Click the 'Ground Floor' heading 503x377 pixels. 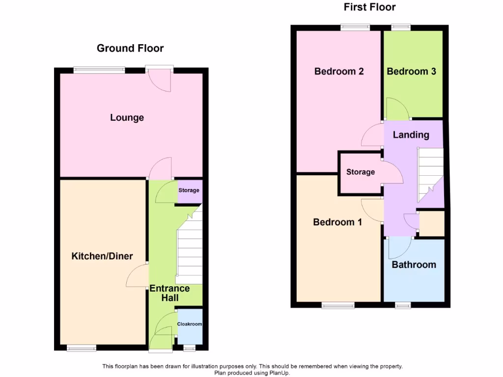(130, 48)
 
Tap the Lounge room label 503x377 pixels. (127, 118)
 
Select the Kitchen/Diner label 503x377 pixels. (102, 256)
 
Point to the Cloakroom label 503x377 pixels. (190, 324)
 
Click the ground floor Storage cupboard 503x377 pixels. (189, 191)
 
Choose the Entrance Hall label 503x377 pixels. (170, 293)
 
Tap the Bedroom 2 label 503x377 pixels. (339, 72)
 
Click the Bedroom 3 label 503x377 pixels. (412, 72)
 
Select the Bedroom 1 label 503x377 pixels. (337, 222)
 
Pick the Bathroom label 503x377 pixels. (414, 265)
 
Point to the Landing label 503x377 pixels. (411, 135)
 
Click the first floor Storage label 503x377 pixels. (360, 172)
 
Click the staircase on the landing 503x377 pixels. (430, 174)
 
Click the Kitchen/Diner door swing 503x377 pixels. (137, 276)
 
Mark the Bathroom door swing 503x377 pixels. (399, 248)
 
